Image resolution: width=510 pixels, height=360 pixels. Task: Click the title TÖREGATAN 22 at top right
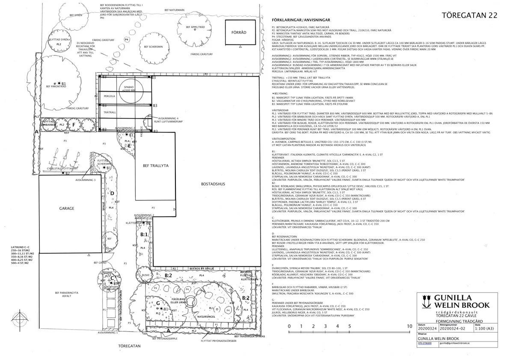click(x=469, y=16)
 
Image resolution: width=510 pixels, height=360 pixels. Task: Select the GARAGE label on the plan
click(x=67, y=209)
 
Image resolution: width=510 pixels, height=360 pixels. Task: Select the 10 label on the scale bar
click(x=409, y=326)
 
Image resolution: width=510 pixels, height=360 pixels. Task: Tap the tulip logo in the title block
click(x=427, y=300)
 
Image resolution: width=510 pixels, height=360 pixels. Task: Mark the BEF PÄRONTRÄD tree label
click(x=55, y=86)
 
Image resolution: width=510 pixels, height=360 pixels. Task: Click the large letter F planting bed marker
click(x=74, y=124)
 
